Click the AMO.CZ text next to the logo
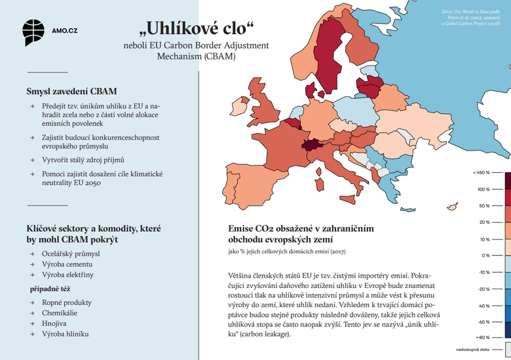click(65, 30)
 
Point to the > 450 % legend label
click(481, 173)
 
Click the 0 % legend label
click(485, 255)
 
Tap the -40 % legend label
click(483, 306)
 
